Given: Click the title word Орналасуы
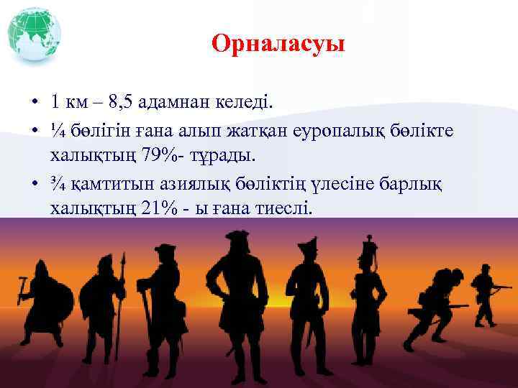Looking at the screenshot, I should [278, 45].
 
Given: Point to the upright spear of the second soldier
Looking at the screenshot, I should [122, 287].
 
